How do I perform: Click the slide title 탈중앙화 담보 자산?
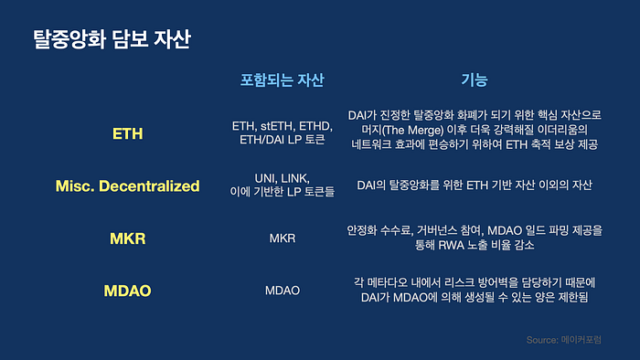point(112,39)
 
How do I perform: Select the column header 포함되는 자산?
point(282,79)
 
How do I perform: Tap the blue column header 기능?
point(475,79)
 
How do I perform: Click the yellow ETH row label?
point(128,133)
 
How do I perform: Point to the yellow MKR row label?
point(128,238)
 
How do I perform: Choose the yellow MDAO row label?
point(127,291)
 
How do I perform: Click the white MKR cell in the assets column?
point(283,238)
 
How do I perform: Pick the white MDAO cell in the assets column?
point(283,291)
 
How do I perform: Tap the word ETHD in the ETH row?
point(316,126)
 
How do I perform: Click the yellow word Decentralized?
point(149,186)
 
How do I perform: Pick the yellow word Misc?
point(75,186)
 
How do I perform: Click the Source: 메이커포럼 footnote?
point(564,340)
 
